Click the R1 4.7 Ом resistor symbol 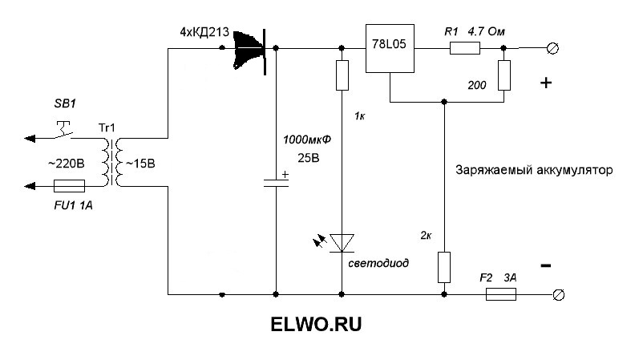tap(465, 49)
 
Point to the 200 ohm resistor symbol tap(504, 75)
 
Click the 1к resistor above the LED tap(342, 75)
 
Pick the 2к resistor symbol tap(444, 267)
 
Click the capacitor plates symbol tap(276, 181)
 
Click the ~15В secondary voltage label tap(143, 164)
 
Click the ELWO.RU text tap(316, 326)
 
